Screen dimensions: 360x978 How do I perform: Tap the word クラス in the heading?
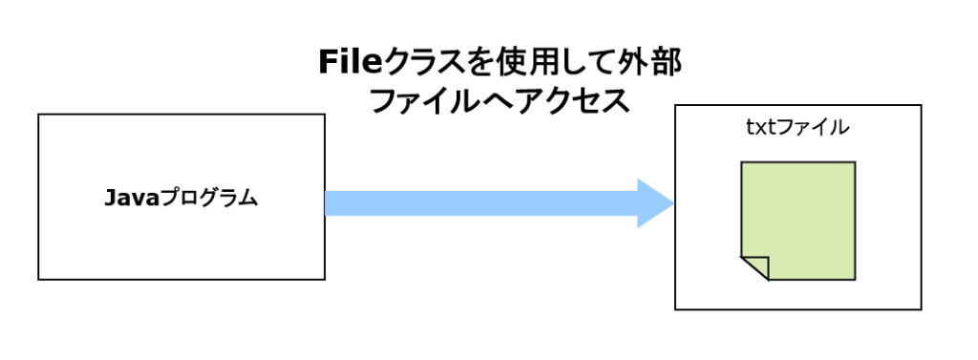421,63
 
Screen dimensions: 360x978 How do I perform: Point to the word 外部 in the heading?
650,63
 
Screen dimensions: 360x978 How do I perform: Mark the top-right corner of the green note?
853,163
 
